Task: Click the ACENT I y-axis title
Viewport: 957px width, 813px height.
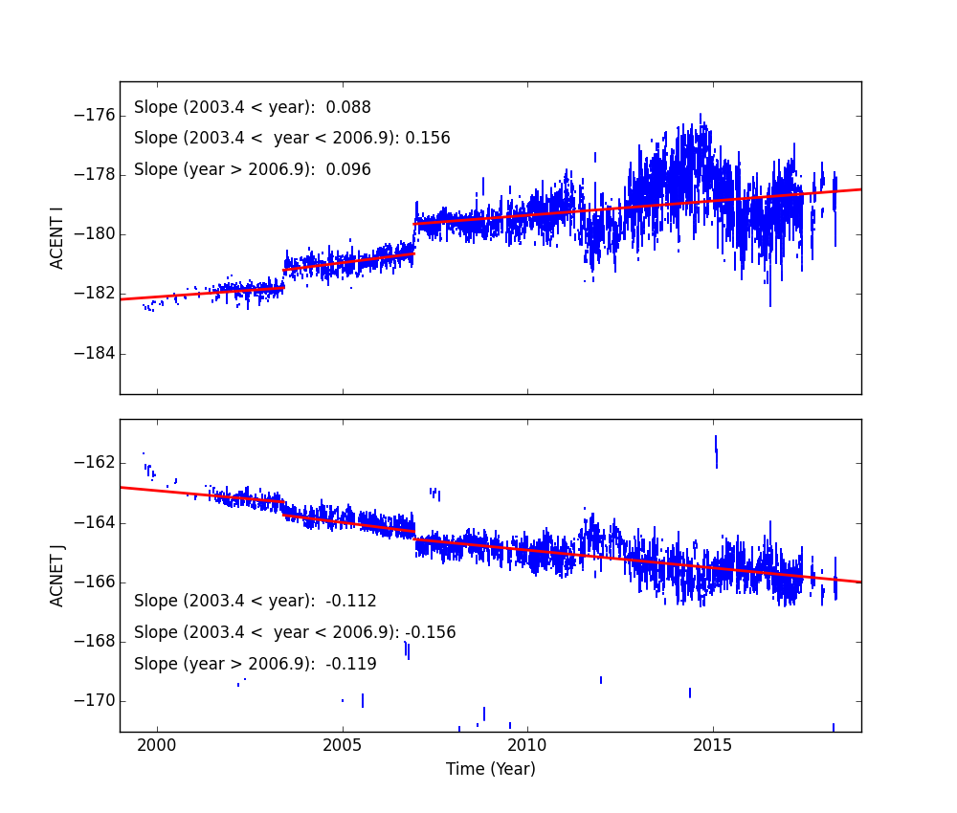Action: (57, 238)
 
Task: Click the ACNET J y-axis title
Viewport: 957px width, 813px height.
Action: (57, 575)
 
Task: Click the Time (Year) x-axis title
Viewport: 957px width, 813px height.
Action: (490, 769)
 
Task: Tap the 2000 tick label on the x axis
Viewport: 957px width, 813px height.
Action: (157, 745)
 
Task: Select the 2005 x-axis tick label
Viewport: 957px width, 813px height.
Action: (343, 745)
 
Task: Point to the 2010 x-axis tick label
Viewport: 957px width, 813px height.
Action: (527, 745)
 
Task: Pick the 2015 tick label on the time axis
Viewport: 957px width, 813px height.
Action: (713, 745)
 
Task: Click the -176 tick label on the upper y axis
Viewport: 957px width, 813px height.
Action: (95, 116)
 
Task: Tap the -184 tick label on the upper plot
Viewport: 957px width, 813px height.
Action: (95, 354)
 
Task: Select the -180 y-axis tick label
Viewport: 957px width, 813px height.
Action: (95, 234)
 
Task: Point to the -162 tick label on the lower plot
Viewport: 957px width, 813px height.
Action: (95, 463)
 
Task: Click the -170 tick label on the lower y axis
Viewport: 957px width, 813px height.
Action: (95, 701)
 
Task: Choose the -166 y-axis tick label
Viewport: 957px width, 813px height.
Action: (95, 582)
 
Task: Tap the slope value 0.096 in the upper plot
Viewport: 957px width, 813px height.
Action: (352, 170)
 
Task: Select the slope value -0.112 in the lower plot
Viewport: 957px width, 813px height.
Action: (351, 602)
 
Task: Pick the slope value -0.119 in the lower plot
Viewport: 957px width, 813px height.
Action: (351, 664)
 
